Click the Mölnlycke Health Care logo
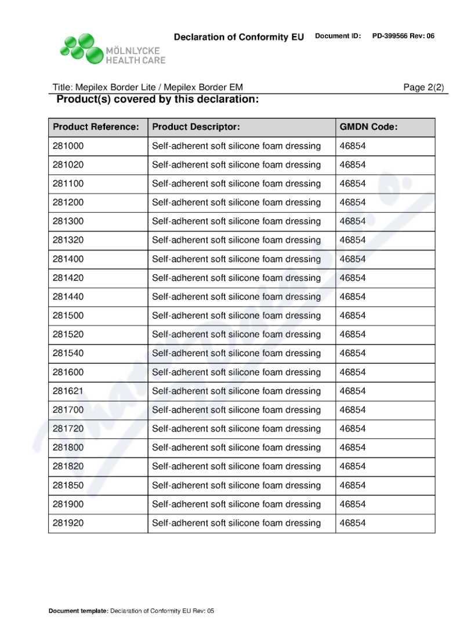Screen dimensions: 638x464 (113, 49)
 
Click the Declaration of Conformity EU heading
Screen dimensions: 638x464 (238, 37)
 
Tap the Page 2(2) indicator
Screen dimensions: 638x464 (423, 88)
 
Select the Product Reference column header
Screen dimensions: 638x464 (96, 127)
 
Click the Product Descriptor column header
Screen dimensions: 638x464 (196, 127)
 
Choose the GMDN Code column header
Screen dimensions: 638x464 (368, 127)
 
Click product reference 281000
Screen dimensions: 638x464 (68, 146)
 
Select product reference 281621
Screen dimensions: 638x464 (68, 391)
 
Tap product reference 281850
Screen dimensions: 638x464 (68, 485)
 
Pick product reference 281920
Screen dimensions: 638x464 (68, 523)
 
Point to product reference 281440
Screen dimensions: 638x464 (68, 297)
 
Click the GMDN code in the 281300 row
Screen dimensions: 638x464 (353, 222)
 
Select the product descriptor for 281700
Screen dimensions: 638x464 (236, 410)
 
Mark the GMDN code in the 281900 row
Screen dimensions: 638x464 (353, 504)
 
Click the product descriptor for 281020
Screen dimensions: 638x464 (236, 165)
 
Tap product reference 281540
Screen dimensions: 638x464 (68, 353)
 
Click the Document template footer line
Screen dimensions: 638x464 (132, 611)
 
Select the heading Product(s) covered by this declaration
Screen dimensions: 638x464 (157, 100)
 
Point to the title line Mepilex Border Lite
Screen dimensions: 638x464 (148, 88)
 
